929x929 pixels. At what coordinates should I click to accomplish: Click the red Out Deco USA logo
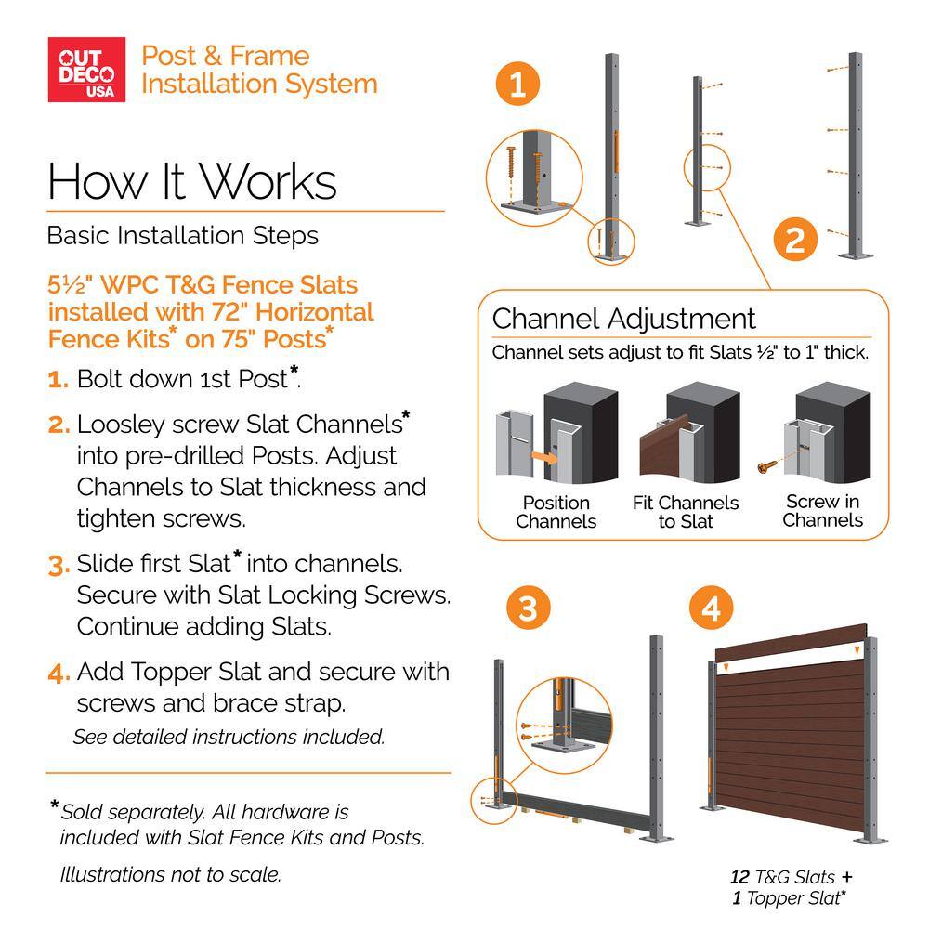pyautogui.click(x=86, y=70)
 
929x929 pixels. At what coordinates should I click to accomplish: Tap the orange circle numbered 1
pyautogui.click(x=517, y=84)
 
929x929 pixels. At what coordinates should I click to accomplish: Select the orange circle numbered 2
pyautogui.click(x=795, y=240)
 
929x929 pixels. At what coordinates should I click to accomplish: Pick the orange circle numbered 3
pyautogui.click(x=528, y=608)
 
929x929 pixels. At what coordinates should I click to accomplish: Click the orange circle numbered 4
pyautogui.click(x=712, y=608)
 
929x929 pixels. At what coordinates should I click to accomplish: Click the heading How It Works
pyautogui.click(x=192, y=181)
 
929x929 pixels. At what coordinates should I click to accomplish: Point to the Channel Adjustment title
pyautogui.click(x=623, y=319)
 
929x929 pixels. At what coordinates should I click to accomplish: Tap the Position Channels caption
pyautogui.click(x=556, y=512)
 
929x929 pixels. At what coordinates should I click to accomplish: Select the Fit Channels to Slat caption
pyautogui.click(x=686, y=512)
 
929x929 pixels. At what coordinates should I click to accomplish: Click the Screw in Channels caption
pyautogui.click(x=822, y=511)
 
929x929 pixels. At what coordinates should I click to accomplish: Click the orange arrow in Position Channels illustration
pyautogui.click(x=543, y=457)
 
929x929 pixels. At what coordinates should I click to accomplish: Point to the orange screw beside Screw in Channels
pyautogui.click(x=765, y=467)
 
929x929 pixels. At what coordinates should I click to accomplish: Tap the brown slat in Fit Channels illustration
pyautogui.click(x=662, y=446)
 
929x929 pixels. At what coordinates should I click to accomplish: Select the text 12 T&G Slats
pyautogui.click(x=782, y=877)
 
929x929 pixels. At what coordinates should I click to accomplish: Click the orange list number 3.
pyautogui.click(x=59, y=565)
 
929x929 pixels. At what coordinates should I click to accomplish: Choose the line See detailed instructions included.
pyautogui.click(x=229, y=737)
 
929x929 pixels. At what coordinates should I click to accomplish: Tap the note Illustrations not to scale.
pyautogui.click(x=171, y=874)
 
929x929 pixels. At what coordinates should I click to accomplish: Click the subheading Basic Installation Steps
pyautogui.click(x=182, y=236)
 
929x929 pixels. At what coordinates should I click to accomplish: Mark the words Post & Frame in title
pyautogui.click(x=225, y=57)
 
